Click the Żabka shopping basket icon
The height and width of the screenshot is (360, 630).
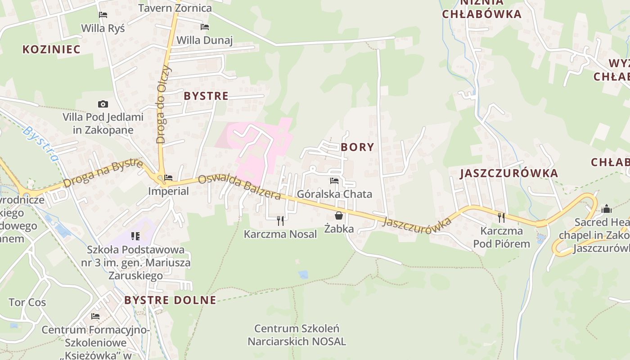[x=339, y=216]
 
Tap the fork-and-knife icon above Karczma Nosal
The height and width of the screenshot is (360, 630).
[x=280, y=220]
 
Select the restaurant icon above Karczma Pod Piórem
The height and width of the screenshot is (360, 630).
[x=501, y=218]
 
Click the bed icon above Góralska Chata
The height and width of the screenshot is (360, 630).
[x=334, y=181]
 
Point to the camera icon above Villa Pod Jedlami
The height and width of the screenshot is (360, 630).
[x=103, y=104]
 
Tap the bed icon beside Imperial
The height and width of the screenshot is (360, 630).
[x=168, y=178]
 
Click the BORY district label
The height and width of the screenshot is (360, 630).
[x=357, y=147]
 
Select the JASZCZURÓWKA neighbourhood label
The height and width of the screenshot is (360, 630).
[x=509, y=173]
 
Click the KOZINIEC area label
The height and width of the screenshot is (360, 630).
[x=51, y=49]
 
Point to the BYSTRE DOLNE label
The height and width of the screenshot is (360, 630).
[x=170, y=300]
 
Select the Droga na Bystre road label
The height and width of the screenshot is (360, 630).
[x=103, y=173]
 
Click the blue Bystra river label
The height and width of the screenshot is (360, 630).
[x=41, y=144]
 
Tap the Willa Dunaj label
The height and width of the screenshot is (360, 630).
[x=204, y=40]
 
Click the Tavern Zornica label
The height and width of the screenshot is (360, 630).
[x=175, y=8]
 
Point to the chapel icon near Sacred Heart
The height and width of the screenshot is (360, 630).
[x=607, y=209]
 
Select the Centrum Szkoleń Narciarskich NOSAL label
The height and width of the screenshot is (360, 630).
[x=297, y=335]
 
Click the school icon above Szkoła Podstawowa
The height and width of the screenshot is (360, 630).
[x=135, y=236]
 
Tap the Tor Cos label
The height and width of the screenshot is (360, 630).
[x=27, y=302]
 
